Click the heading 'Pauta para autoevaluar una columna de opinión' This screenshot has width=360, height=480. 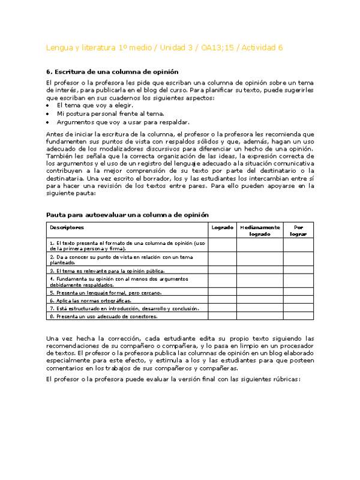point(128,214)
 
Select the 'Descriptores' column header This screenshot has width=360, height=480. point(67,227)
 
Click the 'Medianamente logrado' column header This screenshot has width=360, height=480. point(260,231)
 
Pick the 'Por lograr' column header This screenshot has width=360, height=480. point(298,231)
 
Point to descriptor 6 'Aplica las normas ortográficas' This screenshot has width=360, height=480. point(90,301)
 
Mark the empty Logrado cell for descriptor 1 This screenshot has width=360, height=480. point(223,245)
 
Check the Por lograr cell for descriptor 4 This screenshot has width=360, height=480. point(298,281)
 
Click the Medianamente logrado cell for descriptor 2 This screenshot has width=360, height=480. point(260,259)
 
